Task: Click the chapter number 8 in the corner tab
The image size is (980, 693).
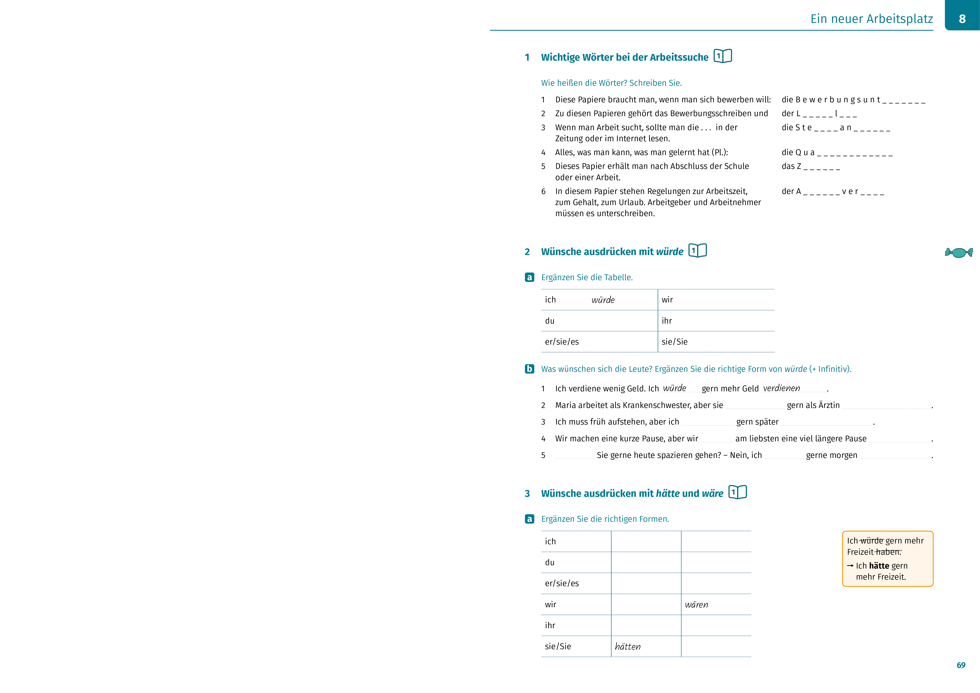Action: pyautogui.click(x=962, y=19)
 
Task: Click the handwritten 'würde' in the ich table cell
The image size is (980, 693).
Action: pyautogui.click(x=603, y=300)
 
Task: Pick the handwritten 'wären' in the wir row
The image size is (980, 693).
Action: pyautogui.click(x=696, y=605)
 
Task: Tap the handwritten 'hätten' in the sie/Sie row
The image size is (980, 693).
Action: pyautogui.click(x=627, y=647)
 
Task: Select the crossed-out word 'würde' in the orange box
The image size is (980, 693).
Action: pyautogui.click(x=871, y=541)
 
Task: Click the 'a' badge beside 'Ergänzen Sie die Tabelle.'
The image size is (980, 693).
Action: pyautogui.click(x=529, y=277)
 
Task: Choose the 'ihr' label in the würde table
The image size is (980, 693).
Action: pyautogui.click(x=667, y=321)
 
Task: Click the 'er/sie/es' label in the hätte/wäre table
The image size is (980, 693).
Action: pyautogui.click(x=562, y=583)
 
